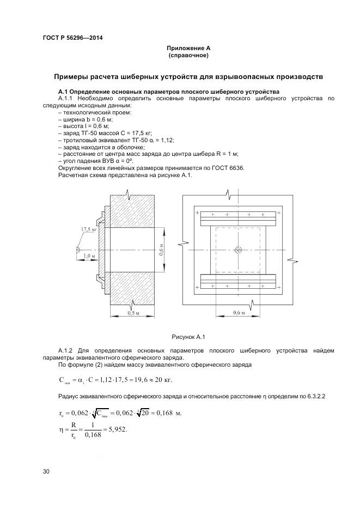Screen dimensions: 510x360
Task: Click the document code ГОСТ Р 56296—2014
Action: tap(72, 38)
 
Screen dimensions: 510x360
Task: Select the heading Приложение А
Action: tap(188, 48)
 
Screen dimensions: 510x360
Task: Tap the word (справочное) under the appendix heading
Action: tap(188, 56)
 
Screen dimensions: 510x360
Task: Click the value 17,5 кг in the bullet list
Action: tap(141, 133)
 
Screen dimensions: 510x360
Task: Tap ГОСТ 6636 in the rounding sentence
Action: tap(230, 168)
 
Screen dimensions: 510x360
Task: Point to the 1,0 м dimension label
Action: tap(89, 256)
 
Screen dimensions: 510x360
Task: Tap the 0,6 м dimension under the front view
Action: tap(239, 313)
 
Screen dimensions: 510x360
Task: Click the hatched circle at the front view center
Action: tap(238, 250)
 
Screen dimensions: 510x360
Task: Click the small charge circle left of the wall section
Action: tap(78, 250)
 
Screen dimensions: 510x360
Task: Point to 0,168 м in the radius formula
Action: tap(169, 412)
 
